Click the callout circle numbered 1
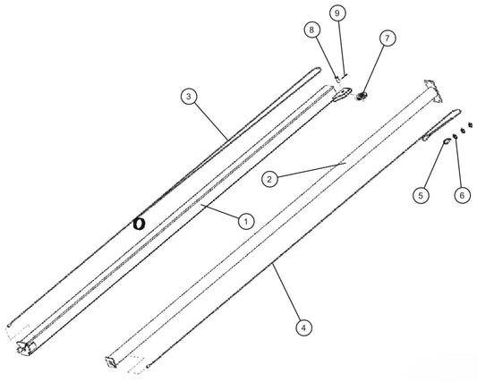tap(246, 221)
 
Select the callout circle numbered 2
tap(269, 179)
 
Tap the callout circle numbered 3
tap(189, 97)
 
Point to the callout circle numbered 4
tap(303, 327)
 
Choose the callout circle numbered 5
tap(421, 195)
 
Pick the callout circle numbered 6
tap(462, 195)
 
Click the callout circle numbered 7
tap(388, 38)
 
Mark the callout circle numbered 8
tap(311, 30)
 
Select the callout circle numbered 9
tap(337, 13)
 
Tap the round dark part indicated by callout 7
tap(362, 97)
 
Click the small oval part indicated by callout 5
tap(447, 141)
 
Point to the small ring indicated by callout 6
tap(456, 137)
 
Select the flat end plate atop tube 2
tap(434, 90)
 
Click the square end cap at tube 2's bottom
tap(111, 362)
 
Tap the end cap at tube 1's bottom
tap(26, 347)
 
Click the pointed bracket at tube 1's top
tap(342, 94)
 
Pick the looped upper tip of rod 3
tap(317, 70)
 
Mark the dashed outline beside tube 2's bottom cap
tap(135, 364)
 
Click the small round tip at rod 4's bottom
tap(148, 367)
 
